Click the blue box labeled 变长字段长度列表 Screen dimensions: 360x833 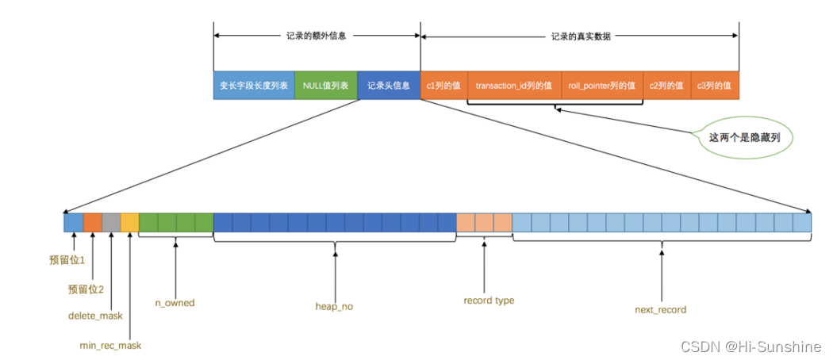click(253, 86)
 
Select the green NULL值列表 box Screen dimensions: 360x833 click(325, 86)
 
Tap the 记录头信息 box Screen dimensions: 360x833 click(389, 86)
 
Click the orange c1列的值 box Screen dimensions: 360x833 click(443, 86)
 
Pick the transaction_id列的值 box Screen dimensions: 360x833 click(514, 86)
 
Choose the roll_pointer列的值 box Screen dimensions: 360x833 click(601, 86)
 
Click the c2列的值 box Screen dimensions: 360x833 click(666, 86)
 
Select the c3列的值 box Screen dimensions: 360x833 click(715, 86)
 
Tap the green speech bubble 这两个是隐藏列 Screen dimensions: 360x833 click(745, 137)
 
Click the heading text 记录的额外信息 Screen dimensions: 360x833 click(316, 36)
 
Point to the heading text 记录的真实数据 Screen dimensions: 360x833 click(581, 36)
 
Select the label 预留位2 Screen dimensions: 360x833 click(86, 289)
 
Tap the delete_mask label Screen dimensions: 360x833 click(94, 316)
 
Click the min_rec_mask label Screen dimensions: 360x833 click(110, 345)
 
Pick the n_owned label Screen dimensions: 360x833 click(175, 302)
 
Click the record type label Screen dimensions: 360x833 click(489, 301)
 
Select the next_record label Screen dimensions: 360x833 click(661, 309)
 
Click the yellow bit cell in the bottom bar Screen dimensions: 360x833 click(129, 223)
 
